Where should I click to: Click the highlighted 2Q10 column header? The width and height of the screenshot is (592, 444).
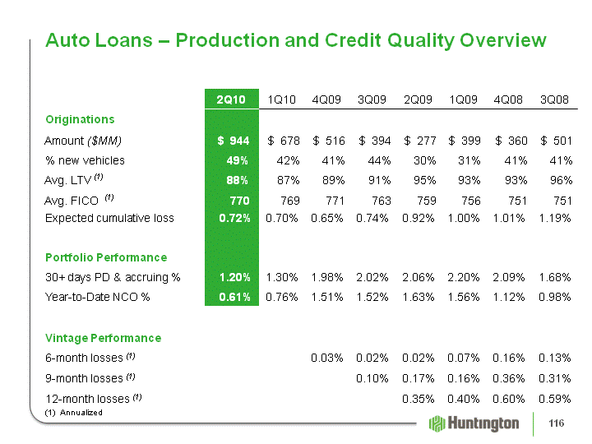click(231, 99)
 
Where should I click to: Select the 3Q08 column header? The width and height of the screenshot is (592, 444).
click(554, 99)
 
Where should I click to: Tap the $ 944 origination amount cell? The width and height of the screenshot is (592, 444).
click(234, 141)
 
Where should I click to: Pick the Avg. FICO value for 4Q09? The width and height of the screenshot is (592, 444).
click(335, 201)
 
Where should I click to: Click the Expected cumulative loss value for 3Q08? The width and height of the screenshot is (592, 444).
click(555, 218)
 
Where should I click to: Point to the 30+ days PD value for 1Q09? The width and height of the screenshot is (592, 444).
click(463, 278)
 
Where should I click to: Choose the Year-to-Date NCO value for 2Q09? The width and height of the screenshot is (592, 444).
click(418, 298)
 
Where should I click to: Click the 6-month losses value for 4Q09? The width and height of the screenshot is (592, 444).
click(327, 358)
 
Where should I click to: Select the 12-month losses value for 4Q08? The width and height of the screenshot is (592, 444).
click(509, 399)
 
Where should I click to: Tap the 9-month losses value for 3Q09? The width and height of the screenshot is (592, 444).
click(372, 378)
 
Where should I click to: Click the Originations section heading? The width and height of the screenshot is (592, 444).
click(80, 120)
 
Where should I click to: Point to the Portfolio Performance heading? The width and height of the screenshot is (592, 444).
click(106, 257)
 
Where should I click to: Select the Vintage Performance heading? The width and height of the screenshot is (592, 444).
click(103, 338)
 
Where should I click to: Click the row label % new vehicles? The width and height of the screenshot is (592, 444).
click(85, 160)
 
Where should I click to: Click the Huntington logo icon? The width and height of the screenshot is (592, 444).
click(437, 423)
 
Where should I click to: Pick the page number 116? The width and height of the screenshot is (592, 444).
click(557, 423)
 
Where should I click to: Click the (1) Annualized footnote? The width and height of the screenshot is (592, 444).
click(74, 412)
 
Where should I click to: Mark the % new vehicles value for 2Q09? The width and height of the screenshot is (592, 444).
click(425, 161)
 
